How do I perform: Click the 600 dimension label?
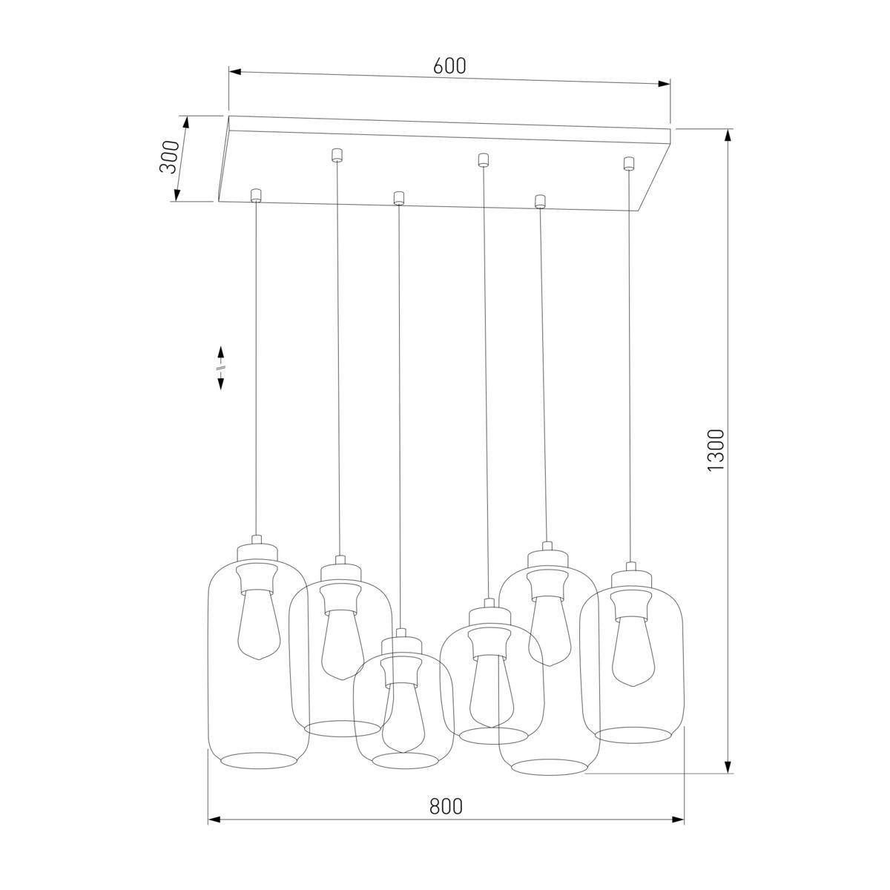449,66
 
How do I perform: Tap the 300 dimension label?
169,156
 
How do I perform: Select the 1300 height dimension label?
716,450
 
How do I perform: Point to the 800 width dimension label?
446,806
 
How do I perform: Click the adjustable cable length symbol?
221,367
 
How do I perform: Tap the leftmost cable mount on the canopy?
256,196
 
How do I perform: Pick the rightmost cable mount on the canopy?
629,163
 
